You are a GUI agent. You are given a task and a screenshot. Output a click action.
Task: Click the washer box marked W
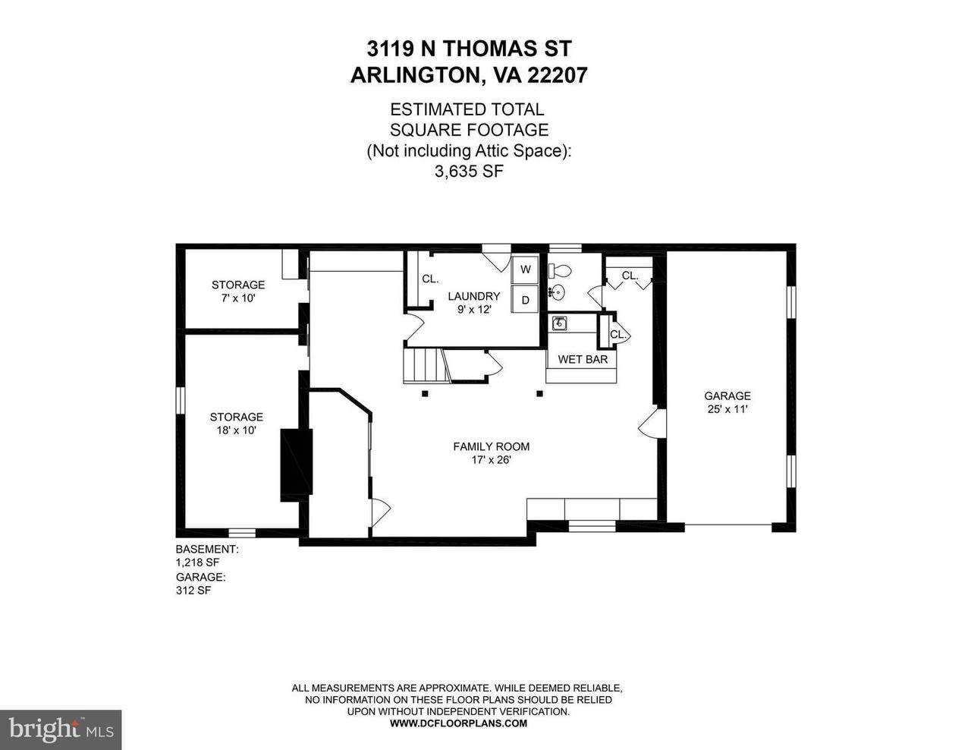coord(525,269)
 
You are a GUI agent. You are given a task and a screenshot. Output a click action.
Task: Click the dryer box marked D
coord(525,300)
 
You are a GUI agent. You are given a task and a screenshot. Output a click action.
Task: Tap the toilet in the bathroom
coord(560,270)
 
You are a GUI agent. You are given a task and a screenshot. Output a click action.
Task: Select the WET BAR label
coord(583,359)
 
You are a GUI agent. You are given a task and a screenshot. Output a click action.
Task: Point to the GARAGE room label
coord(727,395)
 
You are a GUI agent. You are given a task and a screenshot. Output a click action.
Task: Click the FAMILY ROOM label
coord(491,446)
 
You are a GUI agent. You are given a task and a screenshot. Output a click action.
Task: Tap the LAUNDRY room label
coord(473,296)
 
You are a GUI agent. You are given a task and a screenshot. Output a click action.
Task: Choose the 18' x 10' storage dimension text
coord(237,430)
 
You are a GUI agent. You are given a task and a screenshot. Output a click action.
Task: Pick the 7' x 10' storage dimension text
coord(238,298)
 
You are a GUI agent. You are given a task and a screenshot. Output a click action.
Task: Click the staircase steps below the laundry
coord(424,365)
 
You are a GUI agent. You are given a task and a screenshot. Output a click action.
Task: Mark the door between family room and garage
coord(652,424)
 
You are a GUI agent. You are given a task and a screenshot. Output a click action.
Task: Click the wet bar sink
coord(559,323)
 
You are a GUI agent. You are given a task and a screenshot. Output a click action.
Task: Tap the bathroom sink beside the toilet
coord(558,293)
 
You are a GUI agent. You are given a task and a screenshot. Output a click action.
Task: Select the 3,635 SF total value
coord(469,172)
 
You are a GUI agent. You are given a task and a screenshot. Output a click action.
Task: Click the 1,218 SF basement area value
coord(197,562)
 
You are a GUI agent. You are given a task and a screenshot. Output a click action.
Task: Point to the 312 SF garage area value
coord(193,590)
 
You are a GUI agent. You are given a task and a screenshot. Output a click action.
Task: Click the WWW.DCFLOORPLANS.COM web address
coord(458,723)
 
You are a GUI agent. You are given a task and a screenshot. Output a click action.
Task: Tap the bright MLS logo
coord(61,730)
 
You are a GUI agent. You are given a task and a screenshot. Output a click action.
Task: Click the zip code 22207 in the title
coord(558,75)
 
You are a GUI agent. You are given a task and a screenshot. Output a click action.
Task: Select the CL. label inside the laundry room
coord(430,279)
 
